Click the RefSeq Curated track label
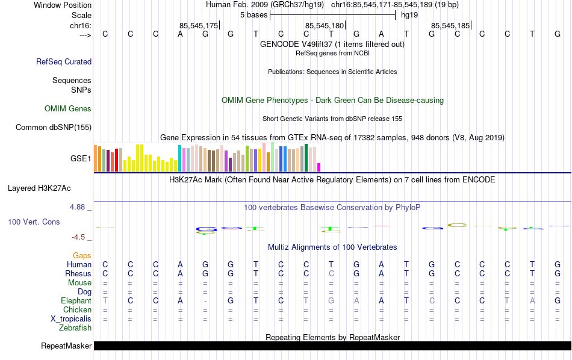coord(64,61)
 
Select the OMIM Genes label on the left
coord(68,109)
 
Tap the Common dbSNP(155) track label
coord(54,127)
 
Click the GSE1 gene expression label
coord(81,159)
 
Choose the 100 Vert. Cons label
coord(34,222)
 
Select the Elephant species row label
coord(76,301)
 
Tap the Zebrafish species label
coord(75,328)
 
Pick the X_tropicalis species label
coord(70,319)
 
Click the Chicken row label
coord(77,310)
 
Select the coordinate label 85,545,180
coord(325,25)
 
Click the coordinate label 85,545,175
coord(199,25)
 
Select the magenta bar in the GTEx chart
coord(319,167)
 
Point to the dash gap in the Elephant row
coord(205,301)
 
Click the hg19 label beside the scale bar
coord(409,14)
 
